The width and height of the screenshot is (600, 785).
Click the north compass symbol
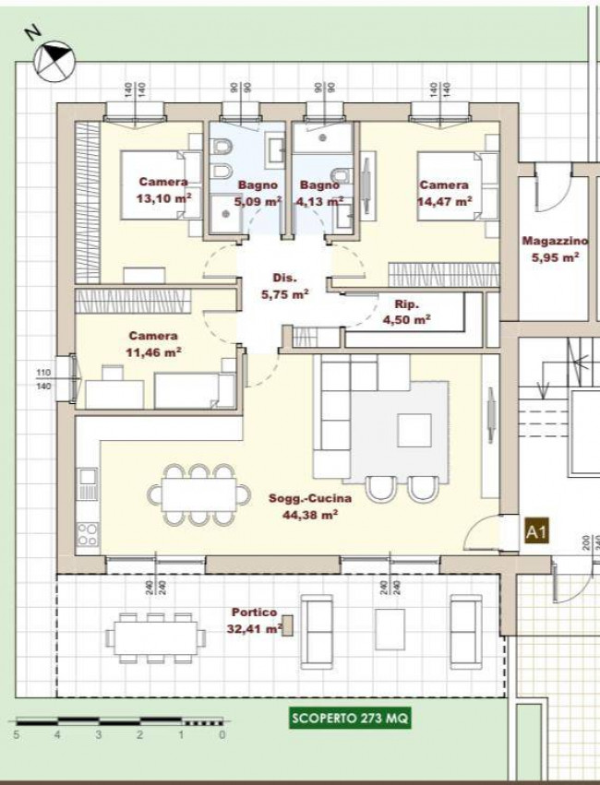[54, 62]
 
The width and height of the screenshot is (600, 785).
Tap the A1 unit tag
[537, 531]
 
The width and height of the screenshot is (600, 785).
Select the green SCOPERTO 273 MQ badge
[350, 719]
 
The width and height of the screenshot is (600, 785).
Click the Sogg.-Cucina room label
[309, 498]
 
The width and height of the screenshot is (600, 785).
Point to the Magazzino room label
[555, 241]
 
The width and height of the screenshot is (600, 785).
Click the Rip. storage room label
[407, 303]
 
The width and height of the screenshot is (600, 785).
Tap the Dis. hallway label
[284, 278]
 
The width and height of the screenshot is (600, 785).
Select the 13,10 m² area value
[163, 198]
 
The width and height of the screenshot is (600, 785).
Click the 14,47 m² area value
[445, 201]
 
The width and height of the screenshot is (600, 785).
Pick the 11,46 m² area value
[153, 352]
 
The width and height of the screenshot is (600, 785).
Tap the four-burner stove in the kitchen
[88, 534]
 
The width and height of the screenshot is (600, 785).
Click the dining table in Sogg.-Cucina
[198, 494]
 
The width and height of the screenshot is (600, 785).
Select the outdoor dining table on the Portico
[155, 637]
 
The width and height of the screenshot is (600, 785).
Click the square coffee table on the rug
[414, 430]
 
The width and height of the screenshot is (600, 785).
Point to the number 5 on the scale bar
[17, 735]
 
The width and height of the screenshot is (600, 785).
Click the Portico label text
[254, 613]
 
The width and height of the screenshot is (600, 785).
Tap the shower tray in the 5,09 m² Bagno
[225, 214]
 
